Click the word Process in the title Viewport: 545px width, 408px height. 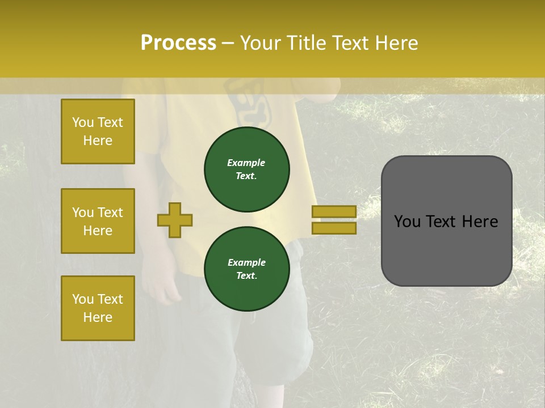coord(178,43)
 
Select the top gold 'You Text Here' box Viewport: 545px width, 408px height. coord(98,131)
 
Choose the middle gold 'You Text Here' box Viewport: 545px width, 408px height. coord(98,221)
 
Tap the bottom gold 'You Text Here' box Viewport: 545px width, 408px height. coord(98,308)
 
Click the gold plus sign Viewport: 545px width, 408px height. coord(175,220)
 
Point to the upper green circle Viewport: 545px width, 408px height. coord(246,169)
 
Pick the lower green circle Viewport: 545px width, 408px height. coord(246,269)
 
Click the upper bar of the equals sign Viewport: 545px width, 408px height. coord(334,211)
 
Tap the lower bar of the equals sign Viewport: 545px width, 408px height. coord(334,228)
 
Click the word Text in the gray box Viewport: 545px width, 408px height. coord(446,222)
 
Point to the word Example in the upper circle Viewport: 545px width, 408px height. coord(246,163)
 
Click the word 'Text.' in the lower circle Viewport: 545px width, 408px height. coord(246,276)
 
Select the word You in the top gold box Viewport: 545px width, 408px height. coord(82,122)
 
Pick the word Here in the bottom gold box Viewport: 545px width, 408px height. coord(98,317)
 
